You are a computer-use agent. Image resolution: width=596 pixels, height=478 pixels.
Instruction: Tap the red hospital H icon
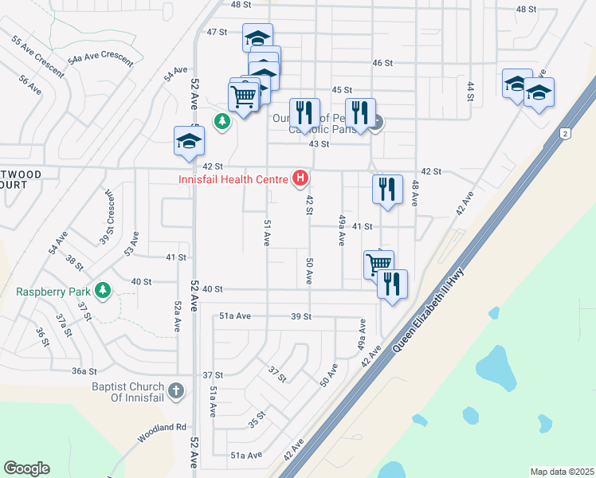[x=301, y=178]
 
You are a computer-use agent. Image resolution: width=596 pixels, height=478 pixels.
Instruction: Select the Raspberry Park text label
[x=53, y=292]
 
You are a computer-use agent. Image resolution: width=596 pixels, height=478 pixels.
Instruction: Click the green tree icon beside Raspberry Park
[x=102, y=291]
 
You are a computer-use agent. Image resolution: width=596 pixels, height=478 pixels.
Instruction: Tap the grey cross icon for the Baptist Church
[x=176, y=391]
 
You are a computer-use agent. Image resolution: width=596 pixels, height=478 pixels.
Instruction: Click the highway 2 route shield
[x=564, y=133]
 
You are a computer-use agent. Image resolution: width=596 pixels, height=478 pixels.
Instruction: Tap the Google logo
[x=26, y=468]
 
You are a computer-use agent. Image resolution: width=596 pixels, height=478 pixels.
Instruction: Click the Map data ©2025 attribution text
[x=562, y=472]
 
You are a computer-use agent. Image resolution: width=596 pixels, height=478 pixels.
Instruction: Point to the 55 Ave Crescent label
[x=37, y=57]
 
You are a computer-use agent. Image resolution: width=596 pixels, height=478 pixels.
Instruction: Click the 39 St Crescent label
[x=107, y=218]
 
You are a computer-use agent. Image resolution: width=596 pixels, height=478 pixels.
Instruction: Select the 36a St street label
[x=84, y=371]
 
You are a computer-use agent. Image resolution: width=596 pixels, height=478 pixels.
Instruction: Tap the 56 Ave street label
[x=29, y=85]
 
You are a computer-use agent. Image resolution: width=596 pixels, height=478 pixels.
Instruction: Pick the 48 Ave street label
[x=415, y=196]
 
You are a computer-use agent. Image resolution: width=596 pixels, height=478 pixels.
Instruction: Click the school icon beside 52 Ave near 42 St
[x=189, y=142]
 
